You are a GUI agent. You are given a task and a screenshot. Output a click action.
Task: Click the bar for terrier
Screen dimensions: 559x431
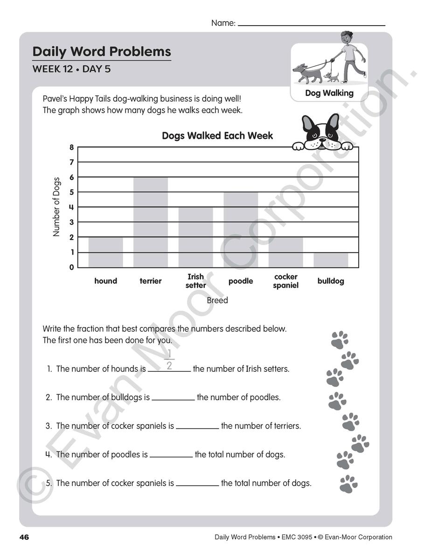151,222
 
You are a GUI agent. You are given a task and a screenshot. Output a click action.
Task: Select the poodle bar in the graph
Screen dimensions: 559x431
241,230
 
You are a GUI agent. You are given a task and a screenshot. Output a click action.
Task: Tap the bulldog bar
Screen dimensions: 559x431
331,259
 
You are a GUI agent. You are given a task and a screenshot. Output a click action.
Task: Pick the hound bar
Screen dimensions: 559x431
106,252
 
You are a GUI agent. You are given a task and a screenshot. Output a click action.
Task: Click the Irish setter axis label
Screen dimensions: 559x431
196,281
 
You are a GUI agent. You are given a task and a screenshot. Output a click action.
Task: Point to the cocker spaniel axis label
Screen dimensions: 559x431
285,281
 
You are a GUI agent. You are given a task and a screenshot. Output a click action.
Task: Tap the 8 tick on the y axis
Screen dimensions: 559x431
72,147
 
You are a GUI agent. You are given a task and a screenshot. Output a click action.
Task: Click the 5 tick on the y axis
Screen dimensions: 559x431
72,192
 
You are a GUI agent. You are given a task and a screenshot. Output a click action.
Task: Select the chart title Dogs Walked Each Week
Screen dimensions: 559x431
217,136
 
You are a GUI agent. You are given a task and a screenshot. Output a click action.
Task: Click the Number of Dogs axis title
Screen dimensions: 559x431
56,207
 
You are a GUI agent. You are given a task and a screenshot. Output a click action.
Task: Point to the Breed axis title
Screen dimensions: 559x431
217,300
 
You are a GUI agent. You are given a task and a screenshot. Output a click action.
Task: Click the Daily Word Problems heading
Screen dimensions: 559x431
102,51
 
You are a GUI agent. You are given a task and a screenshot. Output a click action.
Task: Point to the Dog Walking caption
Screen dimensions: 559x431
329,93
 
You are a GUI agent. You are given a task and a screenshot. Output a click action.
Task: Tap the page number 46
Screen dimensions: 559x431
24,538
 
